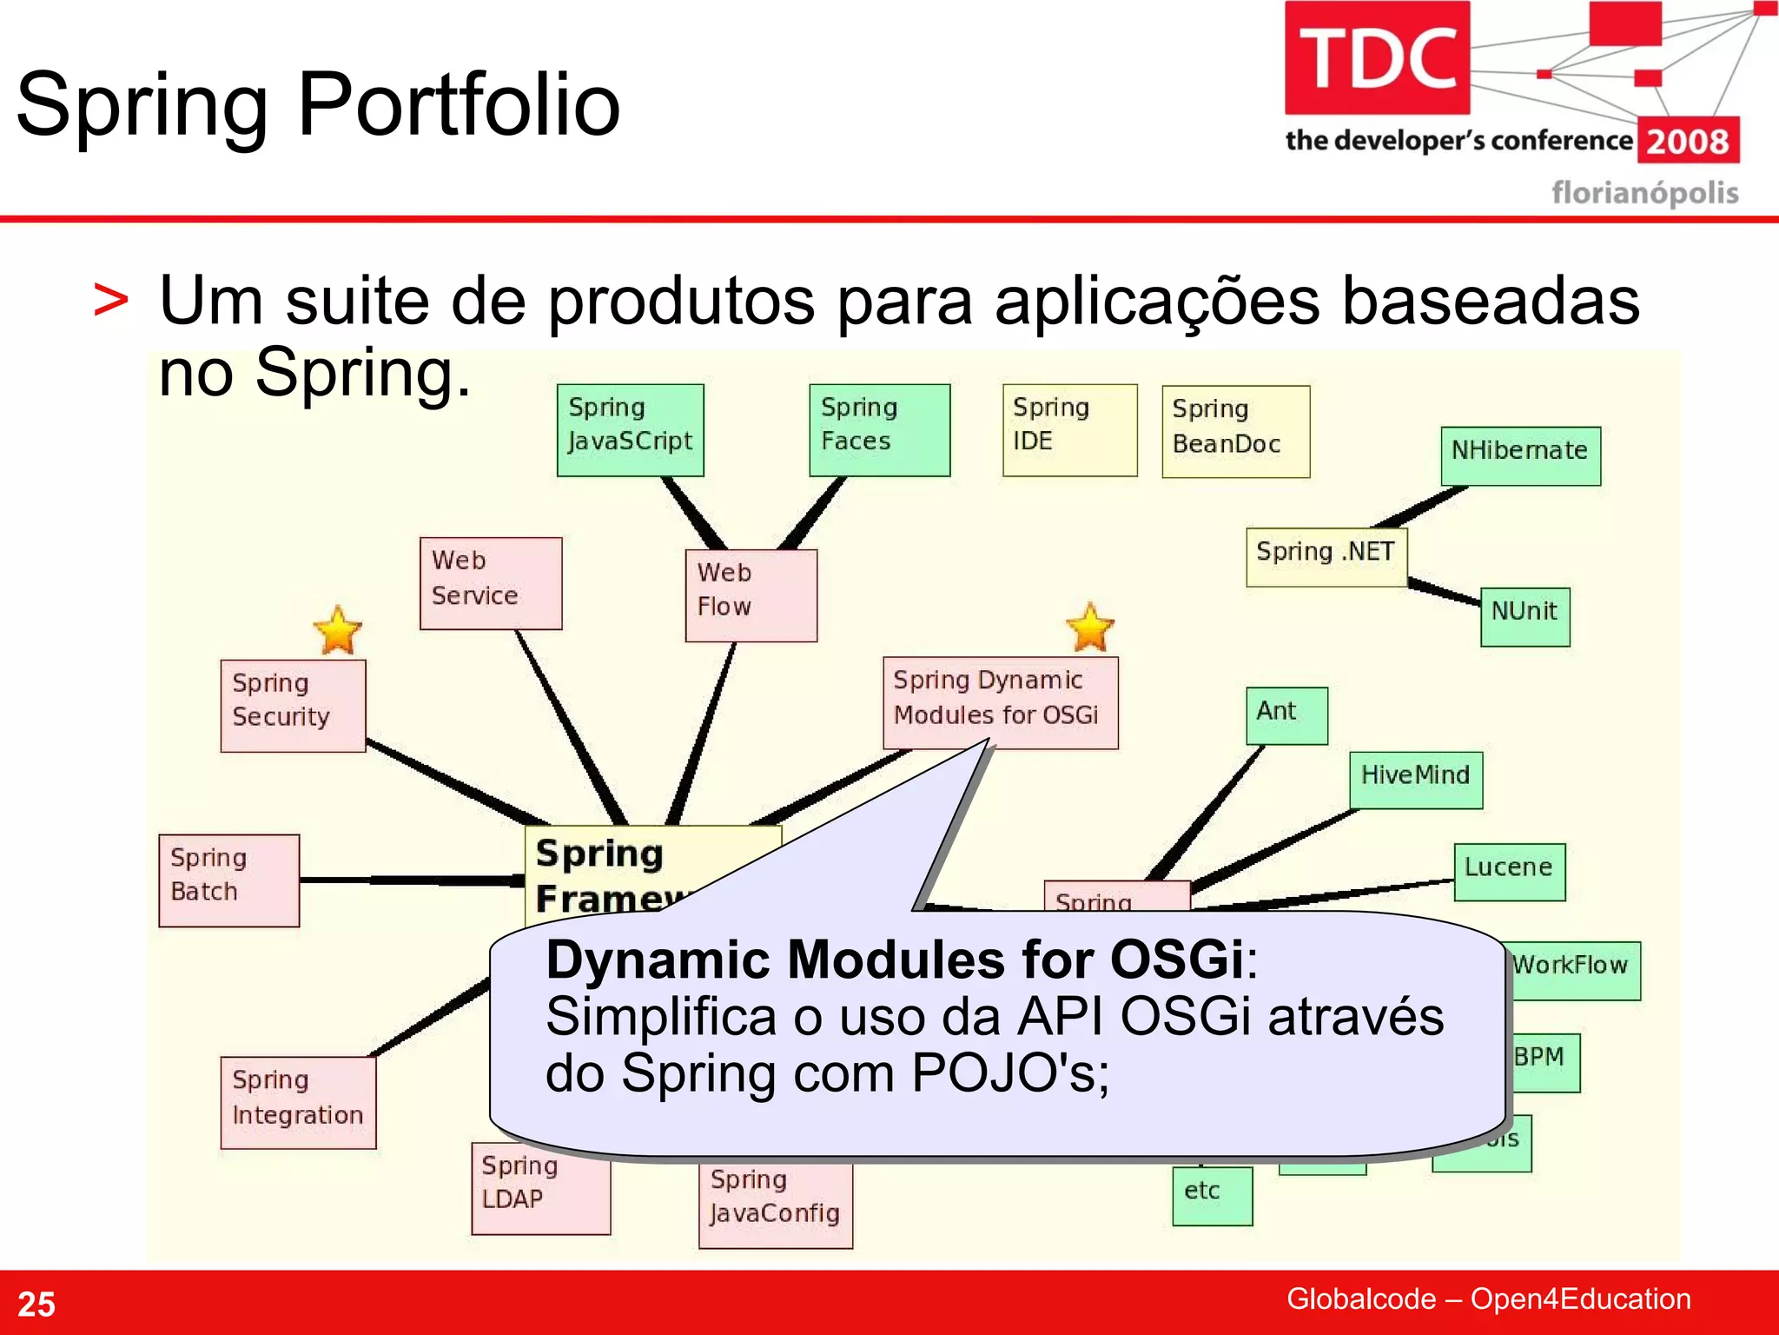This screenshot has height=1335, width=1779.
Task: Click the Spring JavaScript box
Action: coord(630,429)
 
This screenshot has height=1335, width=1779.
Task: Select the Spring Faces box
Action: coord(879,429)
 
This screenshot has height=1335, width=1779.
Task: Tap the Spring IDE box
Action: coord(1069,429)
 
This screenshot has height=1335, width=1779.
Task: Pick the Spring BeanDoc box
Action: coord(1235,431)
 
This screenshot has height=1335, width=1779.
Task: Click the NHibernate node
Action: coord(1520,455)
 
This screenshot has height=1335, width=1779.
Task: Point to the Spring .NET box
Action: coord(1326,556)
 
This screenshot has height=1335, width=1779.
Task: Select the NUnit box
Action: coord(1524,615)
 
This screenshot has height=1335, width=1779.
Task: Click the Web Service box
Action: coord(491,582)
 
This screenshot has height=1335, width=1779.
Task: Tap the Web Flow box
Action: coord(751,594)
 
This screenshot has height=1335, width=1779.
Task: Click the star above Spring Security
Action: coord(337,630)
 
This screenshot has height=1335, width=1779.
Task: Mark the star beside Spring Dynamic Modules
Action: coord(1089,627)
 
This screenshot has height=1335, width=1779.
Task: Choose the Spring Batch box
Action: coord(229,880)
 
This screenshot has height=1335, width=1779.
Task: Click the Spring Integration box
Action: coord(298,1102)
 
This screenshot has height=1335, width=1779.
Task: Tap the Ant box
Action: coord(1286,715)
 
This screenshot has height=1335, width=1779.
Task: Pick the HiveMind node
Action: coord(1415,779)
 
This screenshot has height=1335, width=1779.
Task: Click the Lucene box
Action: coord(1509,871)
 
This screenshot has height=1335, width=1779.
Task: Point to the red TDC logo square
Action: coord(1377,57)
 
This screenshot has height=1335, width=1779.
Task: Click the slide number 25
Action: coord(36,1304)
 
